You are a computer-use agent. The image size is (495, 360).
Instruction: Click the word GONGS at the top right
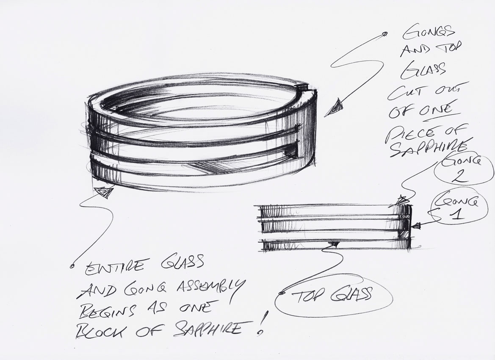[x=428, y=32]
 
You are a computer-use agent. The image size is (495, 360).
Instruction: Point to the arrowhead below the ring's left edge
[x=105, y=192]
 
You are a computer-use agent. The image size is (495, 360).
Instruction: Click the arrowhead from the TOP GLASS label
[x=335, y=244]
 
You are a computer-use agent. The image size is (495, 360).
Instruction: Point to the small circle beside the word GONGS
[x=385, y=34]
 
